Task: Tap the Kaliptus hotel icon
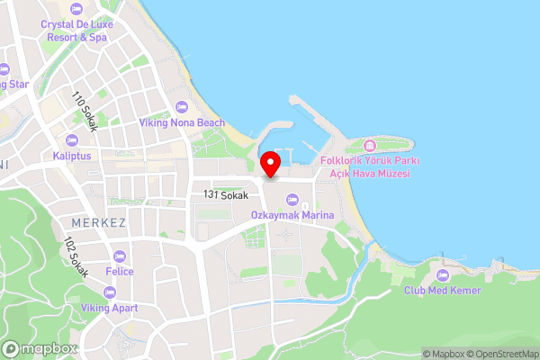click(72, 140)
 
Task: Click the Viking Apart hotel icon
click(109, 292)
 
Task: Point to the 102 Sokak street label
click(76, 257)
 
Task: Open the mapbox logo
click(39, 348)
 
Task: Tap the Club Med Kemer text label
click(442, 291)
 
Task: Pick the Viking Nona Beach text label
click(181, 122)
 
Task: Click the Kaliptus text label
click(72, 156)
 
